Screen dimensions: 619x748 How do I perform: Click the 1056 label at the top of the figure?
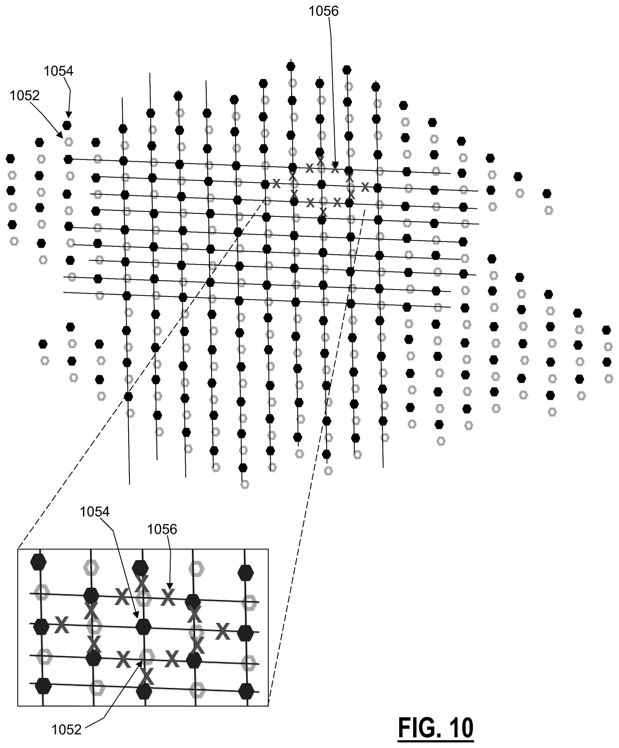click(323, 11)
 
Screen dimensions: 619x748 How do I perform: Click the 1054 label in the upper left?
click(58, 71)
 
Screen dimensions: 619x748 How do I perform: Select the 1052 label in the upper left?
click(25, 95)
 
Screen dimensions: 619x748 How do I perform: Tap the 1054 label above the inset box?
click(94, 512)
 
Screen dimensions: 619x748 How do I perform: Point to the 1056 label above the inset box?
click(162, 530)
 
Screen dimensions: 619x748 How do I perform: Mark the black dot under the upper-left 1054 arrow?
click(67, 125)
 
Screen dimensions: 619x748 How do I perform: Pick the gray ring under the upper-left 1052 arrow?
click(69, 142)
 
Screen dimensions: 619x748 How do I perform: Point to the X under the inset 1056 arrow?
click(168, 597)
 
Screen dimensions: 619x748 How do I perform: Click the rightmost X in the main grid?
click(365, 186)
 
